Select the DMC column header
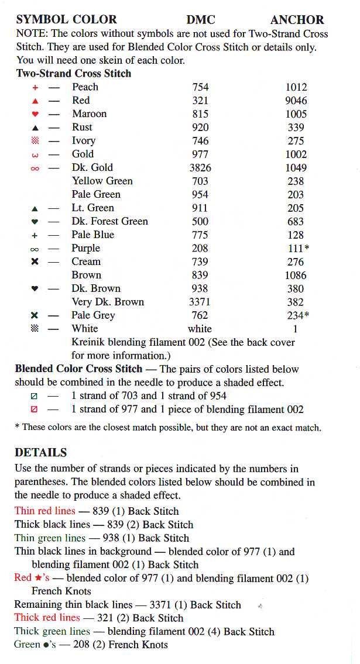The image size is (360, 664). [x=201, y=20]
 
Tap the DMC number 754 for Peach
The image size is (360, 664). [x=200, y=87]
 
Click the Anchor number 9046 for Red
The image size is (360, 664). [x=296, y=101]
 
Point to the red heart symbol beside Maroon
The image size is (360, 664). [x=35, y=114]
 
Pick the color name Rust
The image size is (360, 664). [x=82, y=127]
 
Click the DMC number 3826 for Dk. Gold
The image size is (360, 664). [x=200, y=168]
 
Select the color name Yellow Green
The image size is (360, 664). [x=102, y=181]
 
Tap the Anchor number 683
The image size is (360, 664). [x=296, y=222]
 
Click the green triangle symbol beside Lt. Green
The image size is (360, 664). [x=35, y=208]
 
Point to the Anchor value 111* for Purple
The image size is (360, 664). [x=297, y=249]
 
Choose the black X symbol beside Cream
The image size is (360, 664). [x=35, y=262]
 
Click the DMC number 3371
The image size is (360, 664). [x=200, y=302]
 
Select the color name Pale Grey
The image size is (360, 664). [x=94, y=316]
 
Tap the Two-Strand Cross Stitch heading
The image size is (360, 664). [x=74, y=74]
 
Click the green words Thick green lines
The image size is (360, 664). [x=52, y=632]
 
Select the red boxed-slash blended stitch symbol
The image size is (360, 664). [x=34, y=410]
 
